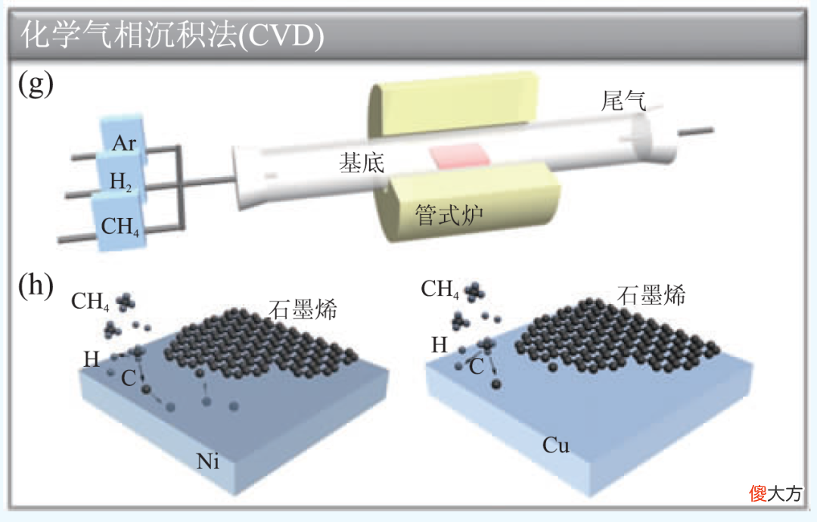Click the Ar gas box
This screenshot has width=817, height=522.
click(123, 136)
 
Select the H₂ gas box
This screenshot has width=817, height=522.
click(119, 176)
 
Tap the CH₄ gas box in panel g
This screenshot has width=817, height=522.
click(118, 222)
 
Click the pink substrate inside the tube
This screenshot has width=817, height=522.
click(460, 156)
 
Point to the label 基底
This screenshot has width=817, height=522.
click(362, 163)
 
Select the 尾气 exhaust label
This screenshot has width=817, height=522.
click(623, 101)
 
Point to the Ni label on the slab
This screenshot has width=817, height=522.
click(207, 461)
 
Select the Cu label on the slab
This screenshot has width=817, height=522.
click(556, 446)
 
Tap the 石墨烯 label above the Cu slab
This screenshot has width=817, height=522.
click(651, 295)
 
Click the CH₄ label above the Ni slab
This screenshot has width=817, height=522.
click(90, 301)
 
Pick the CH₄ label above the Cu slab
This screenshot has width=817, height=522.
click(440, 288)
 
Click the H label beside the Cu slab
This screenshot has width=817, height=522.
click(440, 345)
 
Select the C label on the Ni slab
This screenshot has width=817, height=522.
click(129, 378)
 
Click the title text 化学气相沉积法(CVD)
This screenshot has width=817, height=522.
click(172, 36)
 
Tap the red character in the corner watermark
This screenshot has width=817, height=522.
click(758, 492)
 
